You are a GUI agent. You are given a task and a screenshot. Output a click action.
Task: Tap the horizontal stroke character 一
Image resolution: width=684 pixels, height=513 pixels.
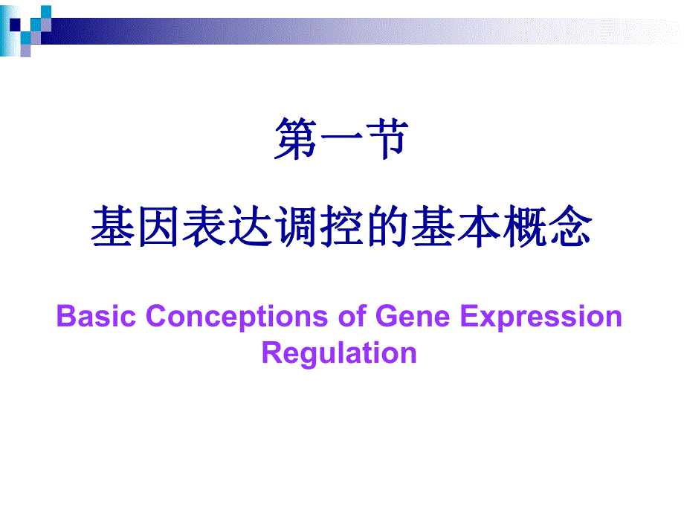tap(341, 141)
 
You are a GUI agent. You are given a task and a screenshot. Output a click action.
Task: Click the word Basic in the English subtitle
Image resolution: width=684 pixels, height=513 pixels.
tap(97, 317)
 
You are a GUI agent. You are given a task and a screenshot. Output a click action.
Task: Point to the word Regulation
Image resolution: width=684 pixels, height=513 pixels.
tap(339, 352)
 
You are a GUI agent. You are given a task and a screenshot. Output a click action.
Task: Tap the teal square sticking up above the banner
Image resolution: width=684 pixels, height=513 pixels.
tap(45, 11)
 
